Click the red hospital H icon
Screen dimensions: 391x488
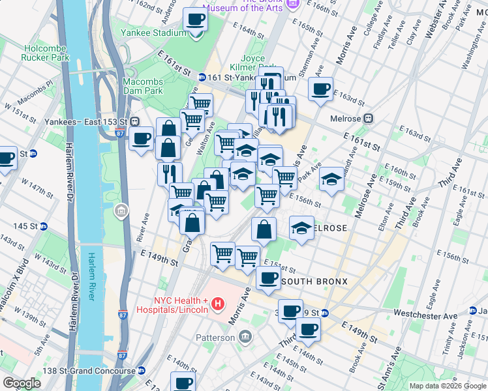[218, 304]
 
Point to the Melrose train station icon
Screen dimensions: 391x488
[368, 118]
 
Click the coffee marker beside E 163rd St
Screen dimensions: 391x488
[320, 89]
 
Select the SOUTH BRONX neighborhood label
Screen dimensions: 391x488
[314, 281]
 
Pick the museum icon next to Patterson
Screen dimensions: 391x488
[245, 337]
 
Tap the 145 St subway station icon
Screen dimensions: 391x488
[44, 226]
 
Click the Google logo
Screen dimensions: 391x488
[21, 383]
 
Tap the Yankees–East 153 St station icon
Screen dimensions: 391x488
[135, 121]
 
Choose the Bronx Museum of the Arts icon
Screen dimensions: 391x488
[292, 4]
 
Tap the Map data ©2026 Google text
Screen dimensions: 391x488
[447, 386]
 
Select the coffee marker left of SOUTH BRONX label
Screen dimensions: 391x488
[267, 278]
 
